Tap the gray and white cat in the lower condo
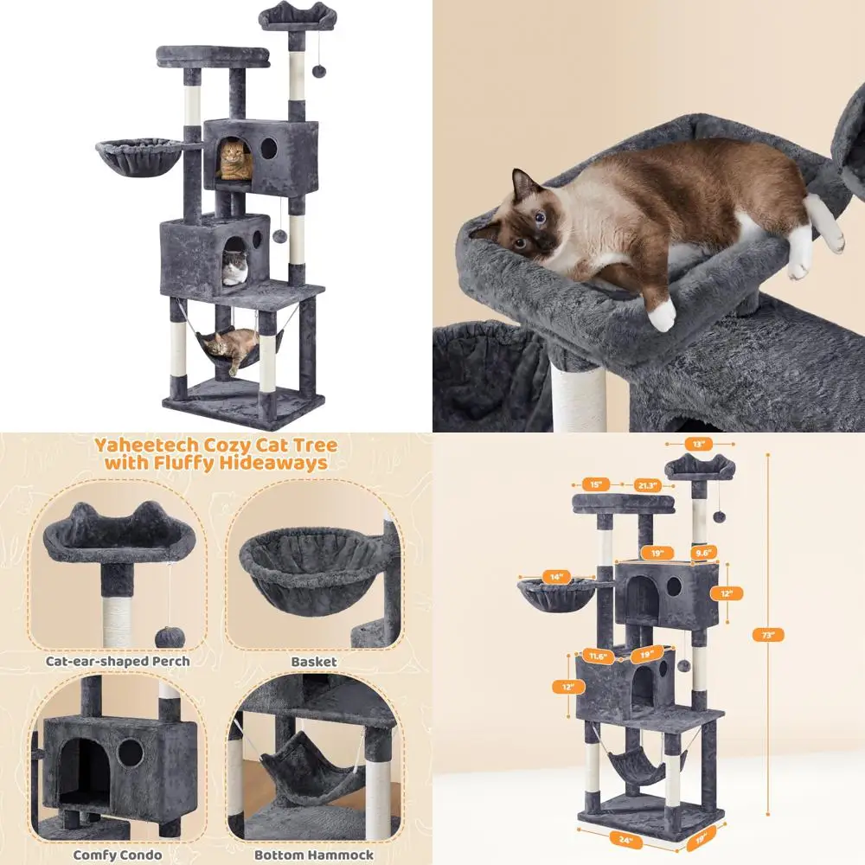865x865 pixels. pos(234,271)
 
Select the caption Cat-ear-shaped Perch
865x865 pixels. pos(118,661)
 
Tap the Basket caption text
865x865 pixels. pos(313,661)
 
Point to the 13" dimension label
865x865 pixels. pos(700,444)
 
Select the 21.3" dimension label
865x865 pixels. pos(647,484)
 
